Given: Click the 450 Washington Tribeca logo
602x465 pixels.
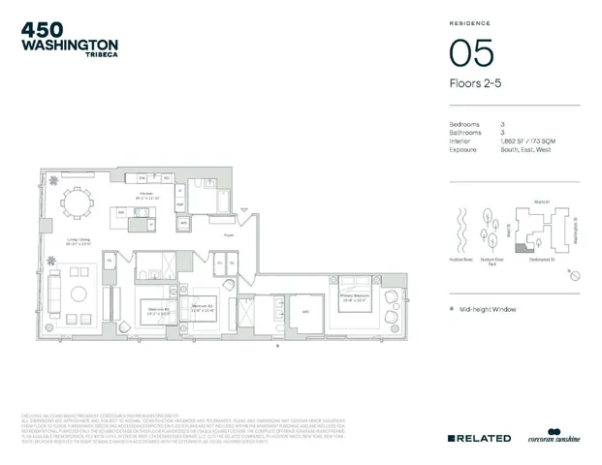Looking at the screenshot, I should pos(69,39).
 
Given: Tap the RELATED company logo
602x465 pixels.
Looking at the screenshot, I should pos(479,439).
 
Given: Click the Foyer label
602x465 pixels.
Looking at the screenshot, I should pos(230,234).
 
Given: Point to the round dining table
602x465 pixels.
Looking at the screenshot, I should pos(75,202).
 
